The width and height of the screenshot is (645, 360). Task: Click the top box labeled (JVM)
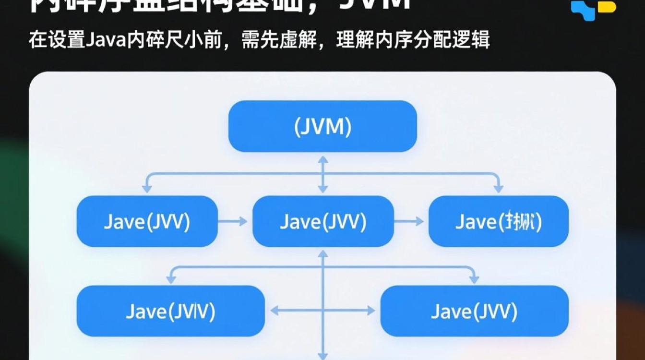tap(322, 126)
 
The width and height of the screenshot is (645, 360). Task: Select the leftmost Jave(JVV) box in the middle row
tap(147, 221)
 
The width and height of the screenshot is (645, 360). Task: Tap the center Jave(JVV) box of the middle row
tap(323, 221)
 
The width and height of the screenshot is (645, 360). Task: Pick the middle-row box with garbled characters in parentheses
tap(498, 221)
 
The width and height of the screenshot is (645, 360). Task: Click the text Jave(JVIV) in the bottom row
tap(170, 311)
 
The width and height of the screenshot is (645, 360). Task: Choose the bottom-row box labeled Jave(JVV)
tap(474, 311)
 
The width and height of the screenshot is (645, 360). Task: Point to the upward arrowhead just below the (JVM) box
tap(323, 160)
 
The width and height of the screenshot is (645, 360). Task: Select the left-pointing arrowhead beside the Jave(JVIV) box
tap(275, 311)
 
